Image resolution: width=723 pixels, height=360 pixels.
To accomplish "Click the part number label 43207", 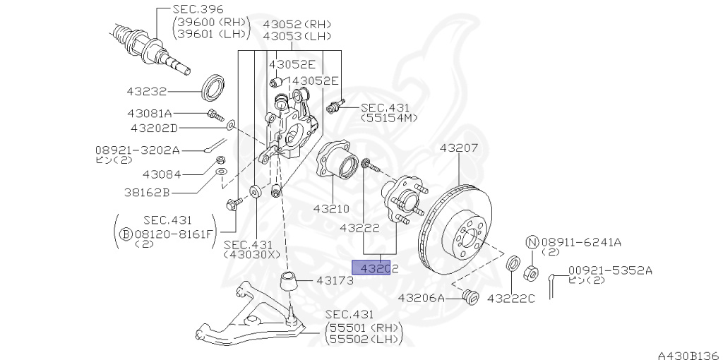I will (x=459, y=148).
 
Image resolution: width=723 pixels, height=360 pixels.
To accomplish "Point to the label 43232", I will (x=147, y=91).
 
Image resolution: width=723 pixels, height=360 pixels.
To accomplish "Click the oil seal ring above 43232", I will (x=213, y=85).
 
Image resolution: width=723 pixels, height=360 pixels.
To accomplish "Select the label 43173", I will (x=335, y=280).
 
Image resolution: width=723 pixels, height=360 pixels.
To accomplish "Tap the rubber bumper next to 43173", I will (x=289, y=282).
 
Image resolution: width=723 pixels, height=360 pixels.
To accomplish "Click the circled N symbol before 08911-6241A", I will (x=532, y=242).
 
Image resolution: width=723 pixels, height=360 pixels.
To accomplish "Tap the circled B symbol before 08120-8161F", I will (x=125, y=233).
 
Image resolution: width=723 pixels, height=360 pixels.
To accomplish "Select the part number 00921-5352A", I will (x=610, y=270).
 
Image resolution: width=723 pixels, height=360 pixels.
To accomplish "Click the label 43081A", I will (x=150, y=113).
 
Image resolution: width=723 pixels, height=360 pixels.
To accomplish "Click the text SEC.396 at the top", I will (x=198, y=9).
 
